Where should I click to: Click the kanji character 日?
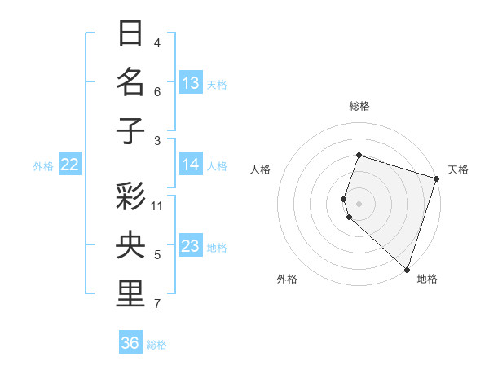coord(130,33)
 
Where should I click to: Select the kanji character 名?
coord(130,82)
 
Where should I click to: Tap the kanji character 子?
coord(130,131)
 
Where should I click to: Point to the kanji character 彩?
coord(130,196)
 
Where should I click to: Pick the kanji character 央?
coord(130,245)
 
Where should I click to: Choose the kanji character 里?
coord(130,294)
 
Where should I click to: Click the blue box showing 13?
coord(191,83)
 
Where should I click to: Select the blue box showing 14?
coord(191,165)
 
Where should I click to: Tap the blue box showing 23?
coord(191,246)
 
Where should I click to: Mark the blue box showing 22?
coord(69,165)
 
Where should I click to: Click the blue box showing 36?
coord(130,343)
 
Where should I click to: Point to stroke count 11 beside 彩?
coord(157,205)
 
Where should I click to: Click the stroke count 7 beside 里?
coord(157,304)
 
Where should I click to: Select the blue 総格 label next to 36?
coord(156,345)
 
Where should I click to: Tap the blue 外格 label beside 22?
coord(43,166)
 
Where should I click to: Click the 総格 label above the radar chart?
coord(359,106)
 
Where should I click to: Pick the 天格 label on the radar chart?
coord(458,169)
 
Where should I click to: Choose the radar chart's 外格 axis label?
coord(287,279)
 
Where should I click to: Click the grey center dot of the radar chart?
coord(359,203)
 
